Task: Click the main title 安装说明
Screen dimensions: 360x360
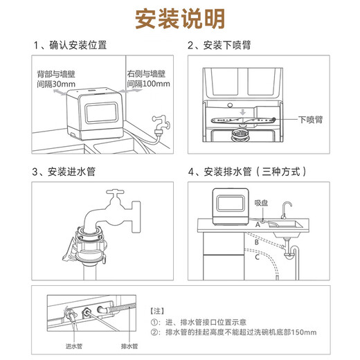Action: tap(179, 17)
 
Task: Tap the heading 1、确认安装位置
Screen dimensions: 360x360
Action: tap(70, 46)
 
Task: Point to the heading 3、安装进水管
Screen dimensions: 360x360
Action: tap(66, 171)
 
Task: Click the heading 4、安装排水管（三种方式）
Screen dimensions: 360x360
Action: tap(246, 171)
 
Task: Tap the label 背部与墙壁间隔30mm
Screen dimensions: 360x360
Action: tap(53, 78)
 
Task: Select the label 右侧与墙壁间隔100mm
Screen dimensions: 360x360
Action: tap(147, 78)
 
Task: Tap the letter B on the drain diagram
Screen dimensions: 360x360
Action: tap(256, 242)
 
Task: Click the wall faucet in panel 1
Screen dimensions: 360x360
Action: tap(161, 124)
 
